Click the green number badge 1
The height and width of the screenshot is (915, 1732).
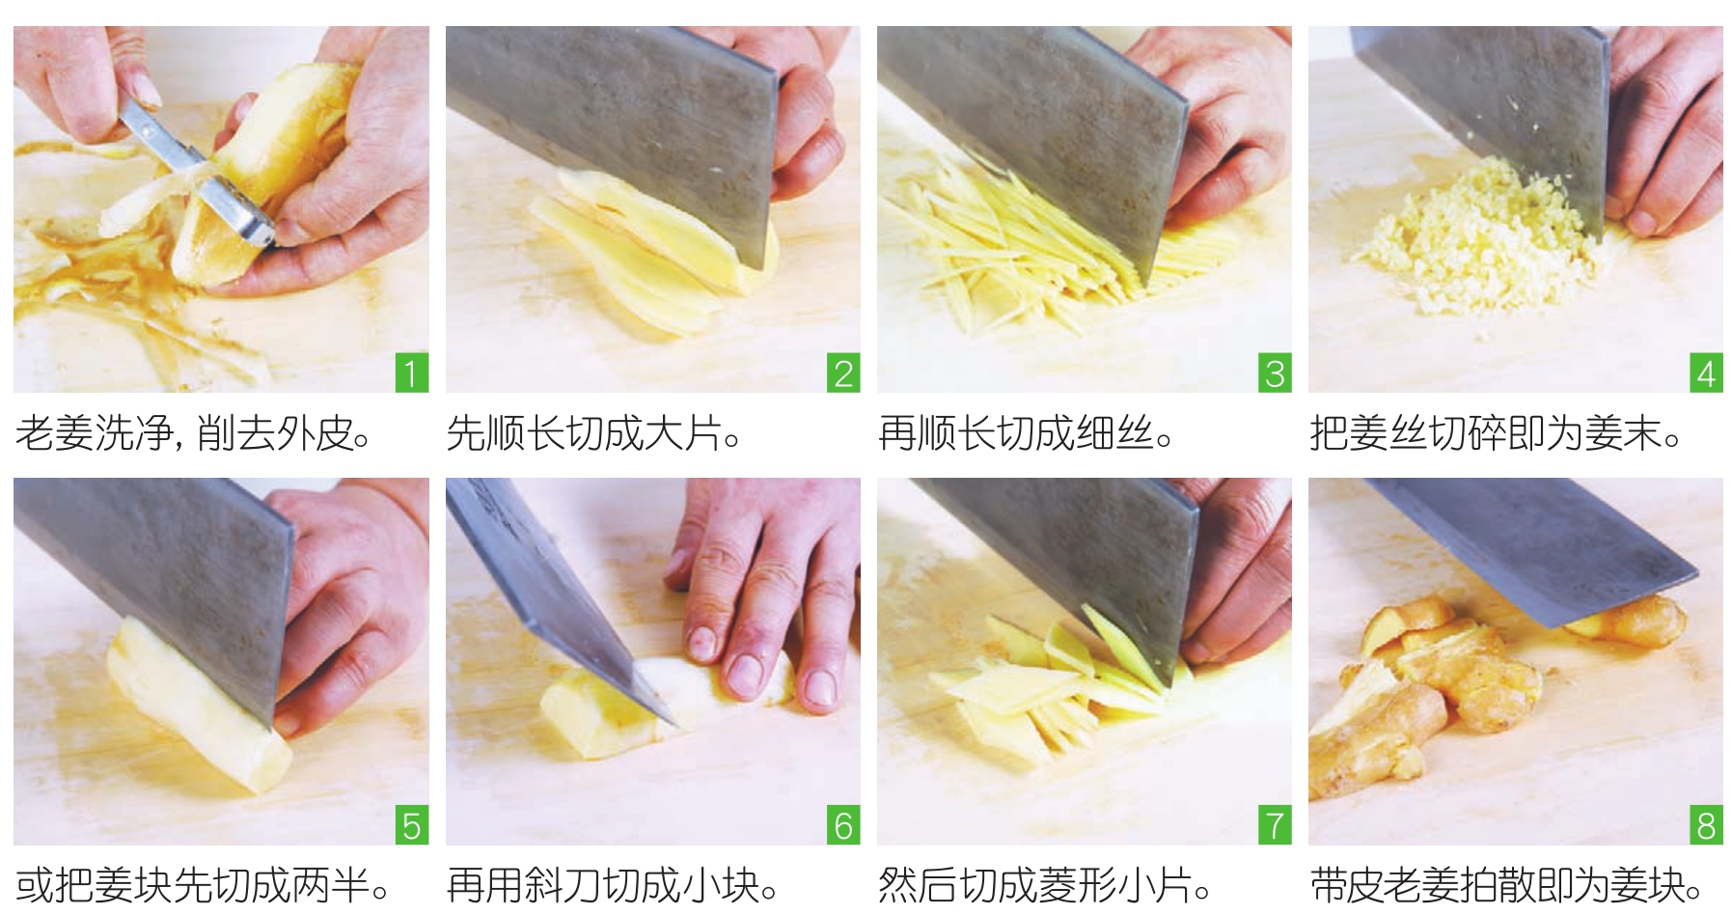tap(412, 373)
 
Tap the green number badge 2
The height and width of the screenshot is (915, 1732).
tap(843, 373)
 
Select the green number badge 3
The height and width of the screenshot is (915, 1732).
tap(1275, 373)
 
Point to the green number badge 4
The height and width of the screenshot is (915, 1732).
tap(1706, 373)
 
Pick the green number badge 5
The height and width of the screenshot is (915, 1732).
tap(412, 825)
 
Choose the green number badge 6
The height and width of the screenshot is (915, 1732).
tap(843, 825)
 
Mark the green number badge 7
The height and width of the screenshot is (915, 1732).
tap(1275, 825)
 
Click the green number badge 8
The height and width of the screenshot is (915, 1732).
tap(1706, 825)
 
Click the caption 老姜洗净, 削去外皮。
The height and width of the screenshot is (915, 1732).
tap(194, 433)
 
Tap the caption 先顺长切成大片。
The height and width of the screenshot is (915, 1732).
tap(594, 433)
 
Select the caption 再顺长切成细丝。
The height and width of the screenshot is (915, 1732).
tap(1026, 433)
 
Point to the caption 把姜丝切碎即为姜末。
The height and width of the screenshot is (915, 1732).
tap(1497, 433)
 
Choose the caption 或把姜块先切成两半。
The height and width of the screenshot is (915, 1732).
tap(203, 884)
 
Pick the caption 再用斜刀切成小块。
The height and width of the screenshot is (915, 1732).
tap(614, 884)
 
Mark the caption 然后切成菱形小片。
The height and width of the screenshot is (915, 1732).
tap(1045, 884)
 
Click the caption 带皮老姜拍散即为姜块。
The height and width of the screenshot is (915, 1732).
tap(1506, 884)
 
